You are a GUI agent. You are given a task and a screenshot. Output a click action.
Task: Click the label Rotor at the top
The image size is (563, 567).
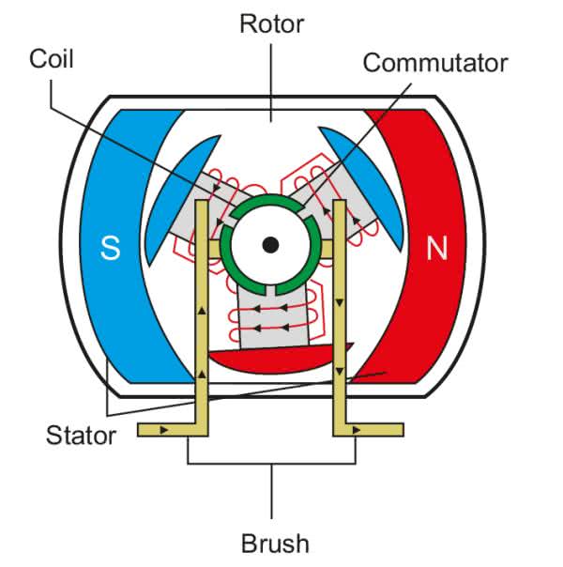(x=271, y=23)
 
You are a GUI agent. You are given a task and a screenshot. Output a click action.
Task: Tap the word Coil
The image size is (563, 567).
(x=51, y=59)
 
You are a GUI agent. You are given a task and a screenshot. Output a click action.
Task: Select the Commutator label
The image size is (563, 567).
(x=434, y=63)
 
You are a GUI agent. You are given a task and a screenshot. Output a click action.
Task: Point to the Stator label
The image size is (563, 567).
(x=81, y=435)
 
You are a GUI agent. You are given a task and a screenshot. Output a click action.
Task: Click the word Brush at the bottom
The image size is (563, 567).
(x=275, y=543)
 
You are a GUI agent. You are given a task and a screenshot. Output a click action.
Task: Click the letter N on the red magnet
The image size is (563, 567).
(x=436, y=249)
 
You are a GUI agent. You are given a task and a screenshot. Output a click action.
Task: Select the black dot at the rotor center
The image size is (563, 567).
(x=270, y=245)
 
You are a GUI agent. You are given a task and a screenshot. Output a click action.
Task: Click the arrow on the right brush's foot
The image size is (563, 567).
(x=358, y=430)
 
